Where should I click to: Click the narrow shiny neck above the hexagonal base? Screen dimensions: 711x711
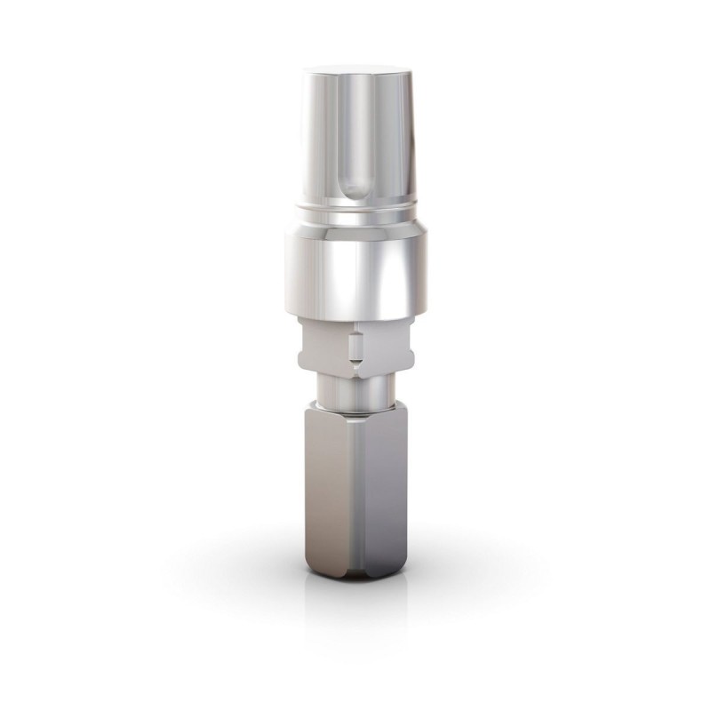355,391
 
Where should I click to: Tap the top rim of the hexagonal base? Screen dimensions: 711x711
355,410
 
